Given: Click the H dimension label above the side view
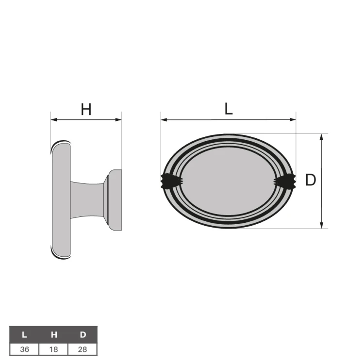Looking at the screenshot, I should click(86, 110).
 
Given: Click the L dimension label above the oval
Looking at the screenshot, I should click(229, 109).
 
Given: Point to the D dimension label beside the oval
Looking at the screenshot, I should click(311, 181).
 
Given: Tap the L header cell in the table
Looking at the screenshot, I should click(24, 334).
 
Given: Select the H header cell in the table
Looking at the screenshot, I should click(54, 334).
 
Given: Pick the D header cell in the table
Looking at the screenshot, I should click(83, 334).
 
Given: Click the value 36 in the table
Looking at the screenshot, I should click(24, 348).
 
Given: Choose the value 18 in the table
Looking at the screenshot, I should click(54, 348).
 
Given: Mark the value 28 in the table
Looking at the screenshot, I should click(83, 348).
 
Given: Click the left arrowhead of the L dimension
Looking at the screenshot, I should click(164, 119).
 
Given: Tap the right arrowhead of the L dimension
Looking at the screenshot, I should click(293, 119).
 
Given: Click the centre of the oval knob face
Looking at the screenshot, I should click(228, 181).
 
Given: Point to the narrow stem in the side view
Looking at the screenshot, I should click(87, 199).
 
